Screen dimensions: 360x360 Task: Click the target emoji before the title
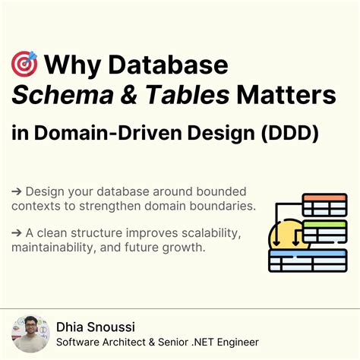point(24,64)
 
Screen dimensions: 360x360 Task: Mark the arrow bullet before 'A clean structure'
point(17,231)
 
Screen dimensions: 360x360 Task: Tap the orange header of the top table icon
point(324,198)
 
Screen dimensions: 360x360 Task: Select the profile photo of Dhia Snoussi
point(30,333)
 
